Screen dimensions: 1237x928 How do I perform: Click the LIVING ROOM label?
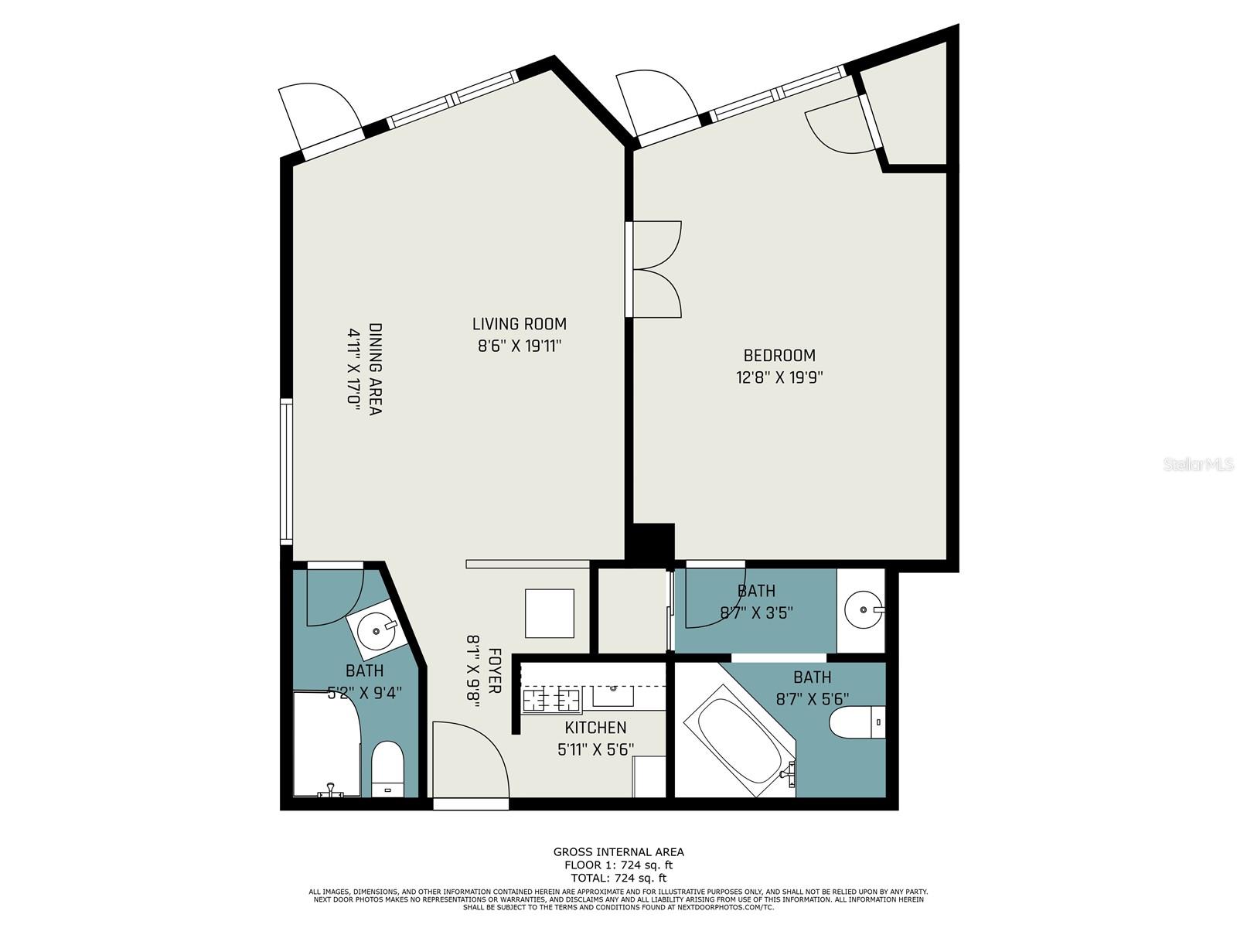pos(519,324)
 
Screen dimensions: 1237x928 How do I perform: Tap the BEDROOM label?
pos(779,356)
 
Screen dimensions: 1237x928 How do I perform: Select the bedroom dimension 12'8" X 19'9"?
pos(779,377)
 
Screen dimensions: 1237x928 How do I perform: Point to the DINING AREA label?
pos(375,369)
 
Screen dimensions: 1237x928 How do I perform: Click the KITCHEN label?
pos(595,728)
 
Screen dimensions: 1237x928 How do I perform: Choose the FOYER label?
pos(494,670)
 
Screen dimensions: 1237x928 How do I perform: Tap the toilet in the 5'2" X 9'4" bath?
pos(388,769)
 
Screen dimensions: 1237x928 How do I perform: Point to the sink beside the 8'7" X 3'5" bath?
pos(864,609)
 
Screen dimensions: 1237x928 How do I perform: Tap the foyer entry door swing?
pos(471,759)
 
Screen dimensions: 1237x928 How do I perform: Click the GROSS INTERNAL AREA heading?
pos(618,852)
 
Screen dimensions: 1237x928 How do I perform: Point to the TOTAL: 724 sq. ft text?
pos(618,878)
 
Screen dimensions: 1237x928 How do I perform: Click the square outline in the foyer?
pos(550,613)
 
